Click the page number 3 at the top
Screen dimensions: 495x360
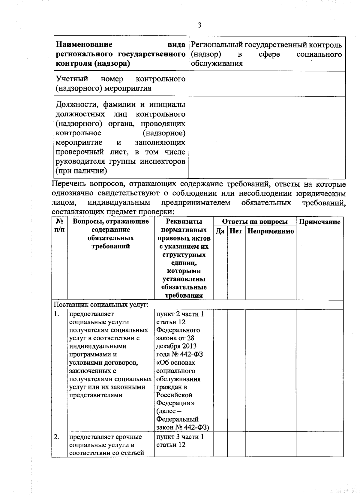(199, 25)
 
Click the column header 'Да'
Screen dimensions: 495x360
(220, 231)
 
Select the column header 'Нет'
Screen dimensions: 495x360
(236, 231)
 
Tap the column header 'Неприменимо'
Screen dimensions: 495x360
(271, 231)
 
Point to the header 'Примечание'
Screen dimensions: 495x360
(319, 222)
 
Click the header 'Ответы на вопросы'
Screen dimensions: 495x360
(255, 222)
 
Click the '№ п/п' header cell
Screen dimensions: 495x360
(59, 226)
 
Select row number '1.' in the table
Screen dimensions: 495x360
(57, 314)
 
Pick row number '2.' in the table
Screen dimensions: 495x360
(57, 437)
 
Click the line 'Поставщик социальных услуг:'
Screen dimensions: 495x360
(101, 305)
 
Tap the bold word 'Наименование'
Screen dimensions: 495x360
(84, 45)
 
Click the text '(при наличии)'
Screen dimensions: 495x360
(81, 171)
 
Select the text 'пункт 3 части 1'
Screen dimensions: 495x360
(180, 437)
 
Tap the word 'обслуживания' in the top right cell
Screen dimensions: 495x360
(217, 63)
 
